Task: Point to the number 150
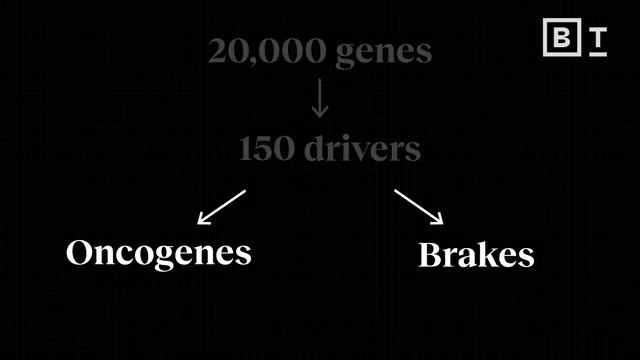point(265,149)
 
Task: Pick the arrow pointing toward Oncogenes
point(221,206)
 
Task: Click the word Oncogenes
point(158,253)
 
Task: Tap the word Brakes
point(475,255)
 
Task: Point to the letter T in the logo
point(597,37)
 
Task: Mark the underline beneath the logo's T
point(597,54)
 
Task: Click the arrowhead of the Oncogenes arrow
point(203,219)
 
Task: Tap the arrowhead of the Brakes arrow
point(437,219)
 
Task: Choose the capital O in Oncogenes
point(81,252)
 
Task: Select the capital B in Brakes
point(430,255)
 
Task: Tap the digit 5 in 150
point(265,149)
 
